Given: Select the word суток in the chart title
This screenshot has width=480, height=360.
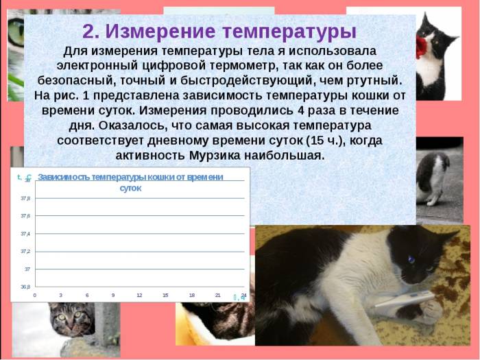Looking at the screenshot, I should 130,188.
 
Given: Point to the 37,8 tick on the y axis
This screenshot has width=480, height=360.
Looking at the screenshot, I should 25,198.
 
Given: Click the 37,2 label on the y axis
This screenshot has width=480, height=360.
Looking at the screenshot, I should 25,251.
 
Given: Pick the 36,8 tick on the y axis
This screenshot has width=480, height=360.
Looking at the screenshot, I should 25,287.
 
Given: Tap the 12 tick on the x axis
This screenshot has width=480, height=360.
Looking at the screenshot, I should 139,295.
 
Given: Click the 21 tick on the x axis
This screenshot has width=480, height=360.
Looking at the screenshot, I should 218,295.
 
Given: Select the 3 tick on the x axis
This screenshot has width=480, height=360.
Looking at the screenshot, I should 61,295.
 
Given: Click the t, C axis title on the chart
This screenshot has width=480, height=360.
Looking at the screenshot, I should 24,178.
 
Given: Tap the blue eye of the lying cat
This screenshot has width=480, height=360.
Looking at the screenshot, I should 411,260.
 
